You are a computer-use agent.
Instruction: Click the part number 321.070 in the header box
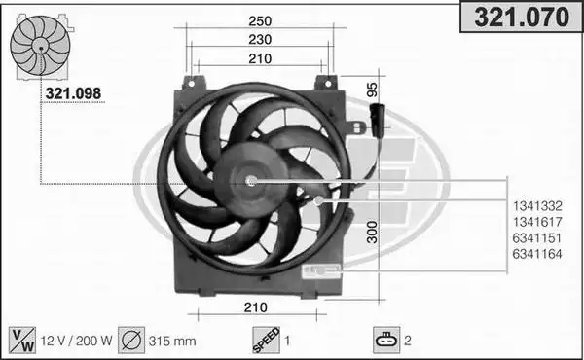(522, 18)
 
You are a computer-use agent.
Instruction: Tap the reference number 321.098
(73, 93)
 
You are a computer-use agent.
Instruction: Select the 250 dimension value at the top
(260, 21)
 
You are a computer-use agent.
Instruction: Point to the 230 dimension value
(260, 40)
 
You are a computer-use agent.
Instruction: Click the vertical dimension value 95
(372, 90)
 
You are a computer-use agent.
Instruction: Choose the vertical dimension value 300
(372, 232)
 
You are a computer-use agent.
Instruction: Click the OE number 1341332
(537, 206)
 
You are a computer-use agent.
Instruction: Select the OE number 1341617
(537, 222)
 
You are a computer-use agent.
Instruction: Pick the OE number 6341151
(537, 237)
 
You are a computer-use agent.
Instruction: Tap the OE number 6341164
(537, 254)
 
